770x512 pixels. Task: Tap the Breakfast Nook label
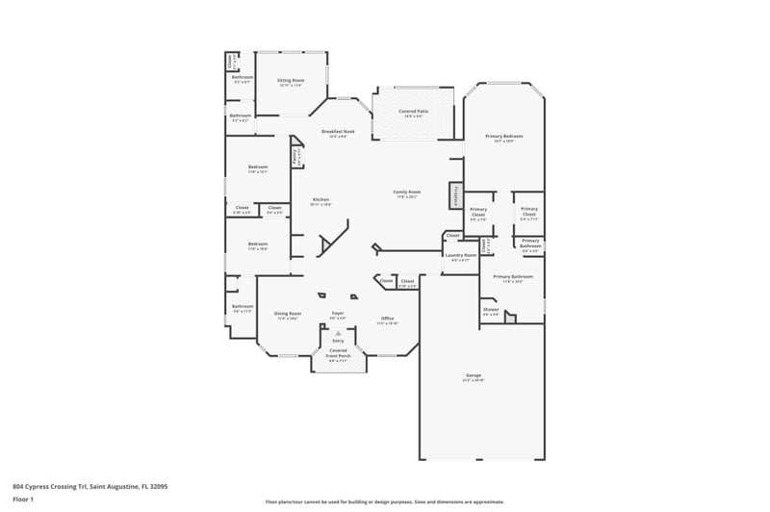[338, 133]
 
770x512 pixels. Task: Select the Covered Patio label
[413, 114]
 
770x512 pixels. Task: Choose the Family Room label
[407, 193]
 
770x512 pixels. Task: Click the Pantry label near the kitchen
[295, 153]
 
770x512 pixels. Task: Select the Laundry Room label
[460, 257]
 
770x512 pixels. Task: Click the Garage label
[474, 376]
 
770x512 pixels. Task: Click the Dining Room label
[288, 315]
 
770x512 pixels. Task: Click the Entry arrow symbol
[338, 333]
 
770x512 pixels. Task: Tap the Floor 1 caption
[23, 499]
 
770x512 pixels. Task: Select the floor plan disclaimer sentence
[385, 501]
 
